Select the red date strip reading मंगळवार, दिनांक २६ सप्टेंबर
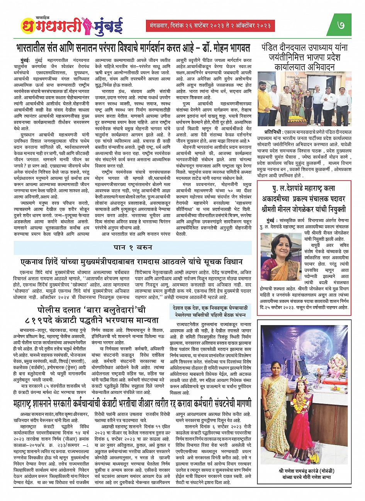(x=210, y=26)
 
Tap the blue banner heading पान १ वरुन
(x=133, y=247)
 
